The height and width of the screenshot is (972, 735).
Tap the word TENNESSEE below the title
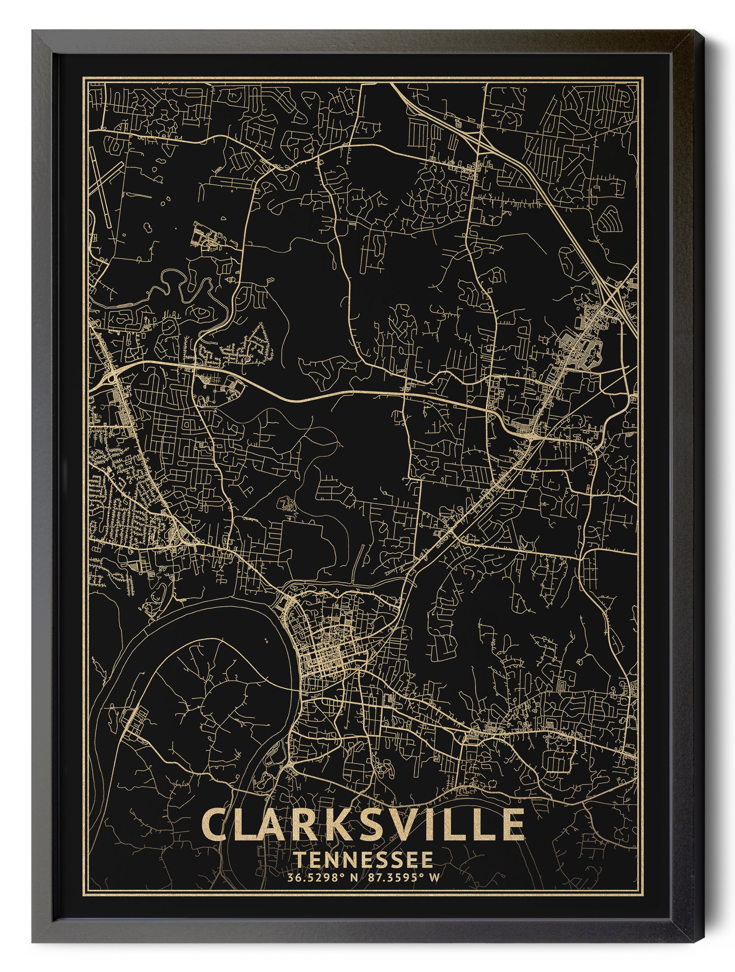[x=363, y=860]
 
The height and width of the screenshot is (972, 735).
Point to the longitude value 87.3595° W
[x=401, y=878]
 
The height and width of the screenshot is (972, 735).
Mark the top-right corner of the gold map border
[x=642, y=78]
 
